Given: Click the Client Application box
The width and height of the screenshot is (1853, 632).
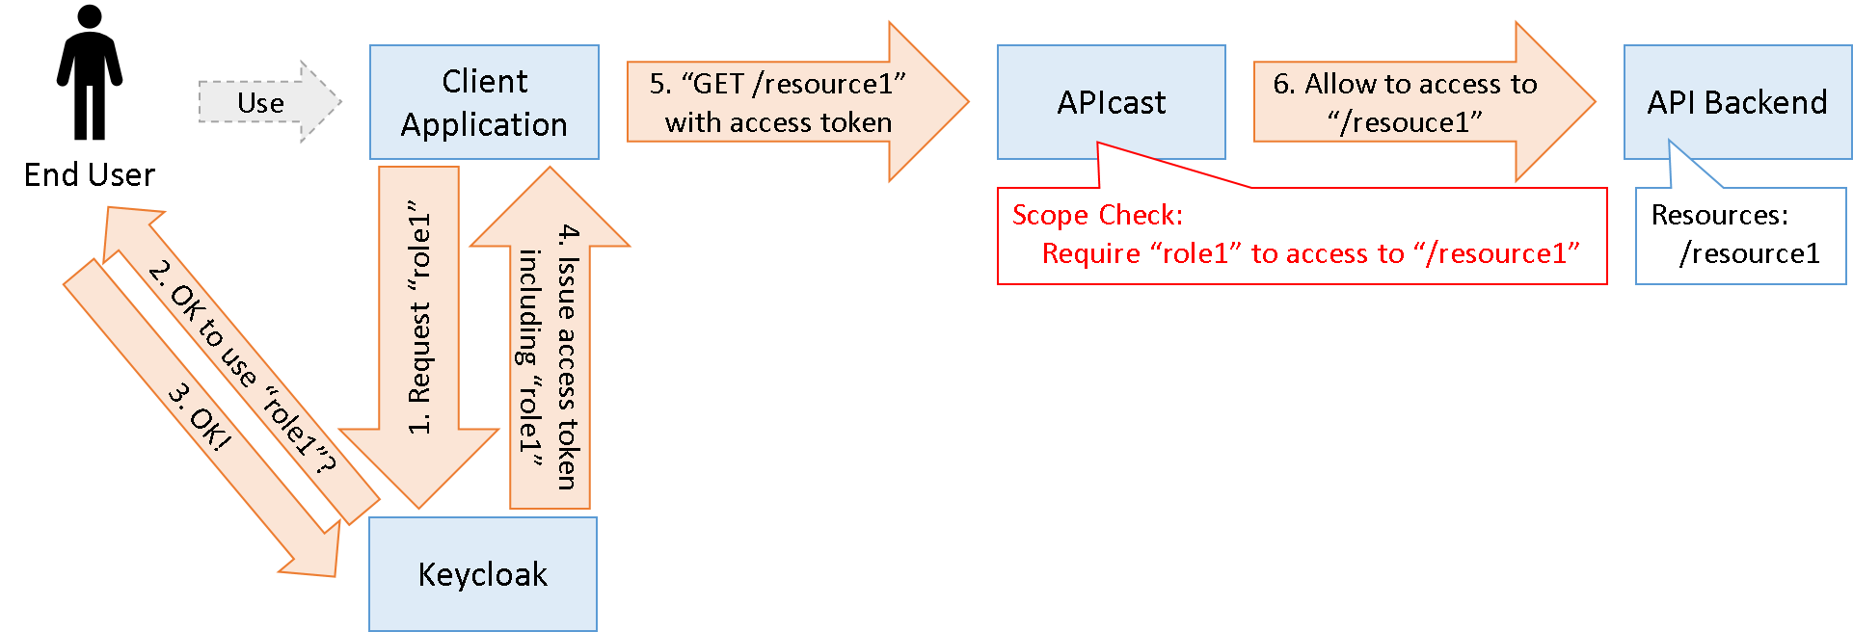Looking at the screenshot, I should click(484, 102).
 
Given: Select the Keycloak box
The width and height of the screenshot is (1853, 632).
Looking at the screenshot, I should click(482, 574).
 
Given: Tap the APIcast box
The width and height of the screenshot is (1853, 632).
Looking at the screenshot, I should click(1111, 102).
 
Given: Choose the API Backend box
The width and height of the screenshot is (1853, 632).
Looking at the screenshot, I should click(1736, 102).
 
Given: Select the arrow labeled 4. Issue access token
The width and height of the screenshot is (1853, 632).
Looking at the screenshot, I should click(551, 356).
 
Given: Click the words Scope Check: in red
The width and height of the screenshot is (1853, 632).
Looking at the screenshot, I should click(1097, 215).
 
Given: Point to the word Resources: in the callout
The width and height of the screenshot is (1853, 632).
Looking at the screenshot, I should click(1719, 215).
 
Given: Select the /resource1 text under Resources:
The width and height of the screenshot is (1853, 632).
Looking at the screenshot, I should click(1749, 253).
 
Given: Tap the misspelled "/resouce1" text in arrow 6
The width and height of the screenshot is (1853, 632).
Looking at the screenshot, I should click(1405, 122).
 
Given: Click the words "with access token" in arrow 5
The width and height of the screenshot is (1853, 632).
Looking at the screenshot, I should click(778, 122).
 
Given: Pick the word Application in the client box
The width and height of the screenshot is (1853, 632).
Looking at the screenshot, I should click(484, 124).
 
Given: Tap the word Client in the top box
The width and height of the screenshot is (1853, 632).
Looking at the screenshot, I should click(484, 81).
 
